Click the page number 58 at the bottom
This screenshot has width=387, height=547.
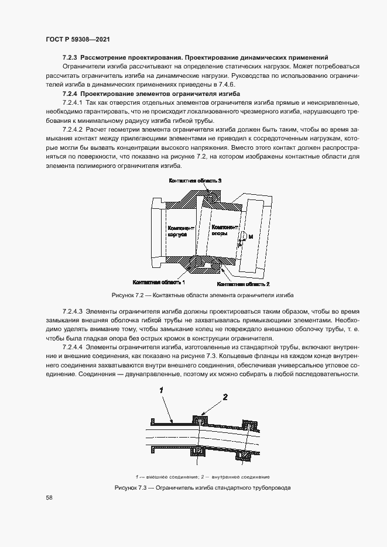(x=49, y=497)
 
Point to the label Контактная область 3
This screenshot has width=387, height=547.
(x=195, y=182)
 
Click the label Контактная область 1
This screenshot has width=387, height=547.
(x=159, y=281)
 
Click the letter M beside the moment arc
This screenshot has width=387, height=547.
(x=251, y=236)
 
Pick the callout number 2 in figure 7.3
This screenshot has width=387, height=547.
(x=224, y=397)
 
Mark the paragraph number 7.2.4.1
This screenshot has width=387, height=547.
(x=74, y=102)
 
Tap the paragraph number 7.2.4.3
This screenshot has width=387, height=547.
(x=74, y=312)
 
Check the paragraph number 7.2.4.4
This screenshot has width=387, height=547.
(x=74, y=348)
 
